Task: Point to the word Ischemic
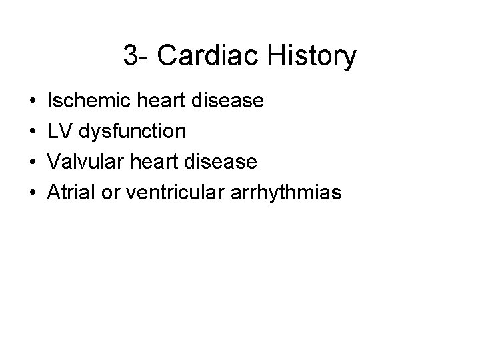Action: coord(82,101)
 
